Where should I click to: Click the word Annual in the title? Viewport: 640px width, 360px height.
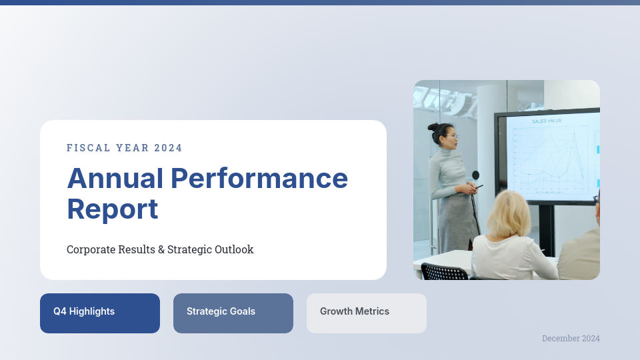[115, 179]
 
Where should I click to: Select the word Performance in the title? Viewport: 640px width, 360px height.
[259, 179]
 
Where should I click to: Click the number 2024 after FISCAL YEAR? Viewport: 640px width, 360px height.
[168, 148]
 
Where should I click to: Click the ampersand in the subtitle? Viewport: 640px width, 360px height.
[161, 249]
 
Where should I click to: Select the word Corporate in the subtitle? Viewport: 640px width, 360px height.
[91, 249]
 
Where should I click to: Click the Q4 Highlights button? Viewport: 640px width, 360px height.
[100, 313]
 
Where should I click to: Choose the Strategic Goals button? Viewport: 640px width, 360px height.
[233, 313]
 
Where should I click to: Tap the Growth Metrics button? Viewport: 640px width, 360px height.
[367, 313]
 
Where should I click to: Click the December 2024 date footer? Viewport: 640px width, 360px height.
[571, 339]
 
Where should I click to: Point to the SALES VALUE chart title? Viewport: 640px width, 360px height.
[547, 121]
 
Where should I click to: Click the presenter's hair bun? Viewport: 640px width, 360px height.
[433, 127]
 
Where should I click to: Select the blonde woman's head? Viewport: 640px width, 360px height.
[509, 214]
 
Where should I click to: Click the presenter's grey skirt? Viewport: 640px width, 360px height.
[457, 223]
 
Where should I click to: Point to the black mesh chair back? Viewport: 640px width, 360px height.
[444, 272]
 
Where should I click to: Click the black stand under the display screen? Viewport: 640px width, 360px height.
[547, 229]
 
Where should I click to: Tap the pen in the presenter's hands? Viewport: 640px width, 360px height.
[479, 187]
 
